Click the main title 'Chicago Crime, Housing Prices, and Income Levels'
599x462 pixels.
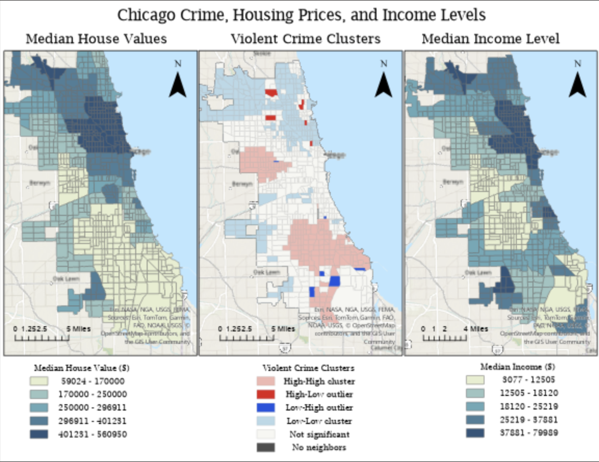coord(301,15)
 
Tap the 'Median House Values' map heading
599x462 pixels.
coord(96,39)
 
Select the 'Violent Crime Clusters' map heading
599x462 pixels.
coord(305,39)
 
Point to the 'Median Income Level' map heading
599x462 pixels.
coord(490,39)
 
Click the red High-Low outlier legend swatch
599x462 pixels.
coord(266,394)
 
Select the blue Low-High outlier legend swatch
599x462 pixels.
coord(266,407)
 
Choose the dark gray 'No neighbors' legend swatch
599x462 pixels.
coord(266,447)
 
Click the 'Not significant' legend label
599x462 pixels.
coord(318,434)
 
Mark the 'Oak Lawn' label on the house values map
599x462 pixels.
coord(64,279)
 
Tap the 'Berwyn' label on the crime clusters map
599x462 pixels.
coord(242,184)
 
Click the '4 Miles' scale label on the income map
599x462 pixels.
coord(476,328)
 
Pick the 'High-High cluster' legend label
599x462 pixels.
coord(319,381)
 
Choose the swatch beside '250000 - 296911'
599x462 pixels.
coord(39,407)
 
